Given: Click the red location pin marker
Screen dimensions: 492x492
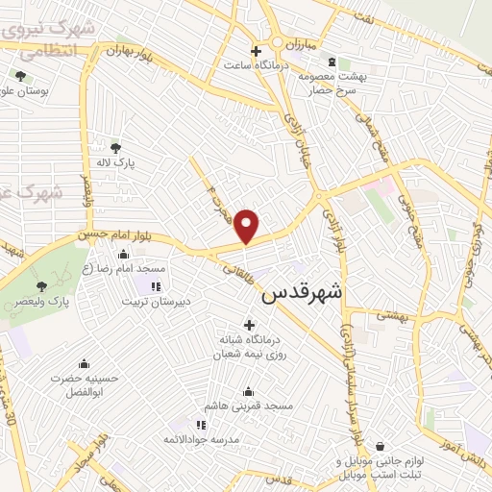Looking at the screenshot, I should coord(247,226).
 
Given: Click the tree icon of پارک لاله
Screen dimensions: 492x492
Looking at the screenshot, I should coord(116,147).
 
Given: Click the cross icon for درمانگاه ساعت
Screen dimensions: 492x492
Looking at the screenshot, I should coord(256,50).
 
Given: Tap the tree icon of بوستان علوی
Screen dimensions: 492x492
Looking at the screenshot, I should coord(20,76).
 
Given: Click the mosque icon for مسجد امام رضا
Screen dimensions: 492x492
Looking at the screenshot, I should coord(123,255).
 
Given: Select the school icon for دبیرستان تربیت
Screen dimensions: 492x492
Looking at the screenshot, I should coord(156,286).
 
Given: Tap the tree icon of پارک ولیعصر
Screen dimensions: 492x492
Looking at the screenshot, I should coord(40,286).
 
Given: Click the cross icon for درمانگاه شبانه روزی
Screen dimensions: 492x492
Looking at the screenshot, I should coord(250,324).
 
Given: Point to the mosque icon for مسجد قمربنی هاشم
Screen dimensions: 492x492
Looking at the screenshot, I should coord(250,391).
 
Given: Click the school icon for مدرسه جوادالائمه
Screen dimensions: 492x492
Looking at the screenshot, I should coord(200,424).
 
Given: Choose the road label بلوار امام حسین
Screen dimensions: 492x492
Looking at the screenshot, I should coord(91,234).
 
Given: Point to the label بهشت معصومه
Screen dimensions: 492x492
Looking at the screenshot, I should coord(332,75).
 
